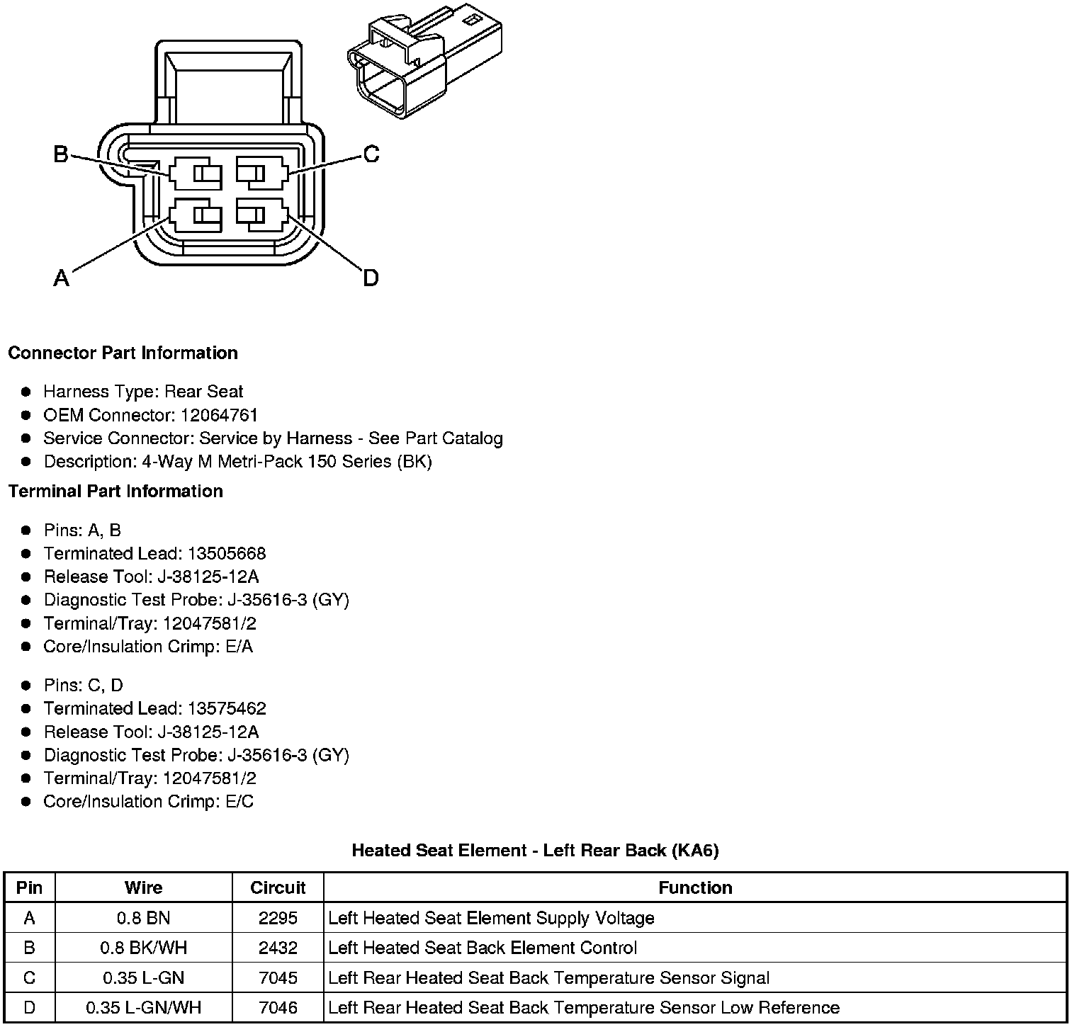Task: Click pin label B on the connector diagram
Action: coord(61,154)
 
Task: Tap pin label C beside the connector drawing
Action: coord(371,154)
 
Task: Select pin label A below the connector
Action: coord(62,278)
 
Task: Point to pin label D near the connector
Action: coord(371,278)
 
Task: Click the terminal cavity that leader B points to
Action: coord(196,174)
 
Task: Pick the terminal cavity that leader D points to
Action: coord(261,215)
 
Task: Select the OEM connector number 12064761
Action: coord(219,415)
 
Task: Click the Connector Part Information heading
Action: coord(123,353)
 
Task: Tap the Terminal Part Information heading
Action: coord(115,491)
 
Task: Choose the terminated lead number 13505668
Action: coord(227,553)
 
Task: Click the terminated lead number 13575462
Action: coord(227,708)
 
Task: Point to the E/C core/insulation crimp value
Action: coord(237,801)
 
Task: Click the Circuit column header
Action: coord(278,887)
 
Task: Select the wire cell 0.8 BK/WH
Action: coord(143,948)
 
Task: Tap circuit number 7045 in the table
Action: coord(278,977)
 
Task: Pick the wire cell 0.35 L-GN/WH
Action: coord(143,1007)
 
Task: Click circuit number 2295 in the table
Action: coord(278,918)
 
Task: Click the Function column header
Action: coord(694,887)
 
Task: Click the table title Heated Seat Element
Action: coord(535,850)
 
